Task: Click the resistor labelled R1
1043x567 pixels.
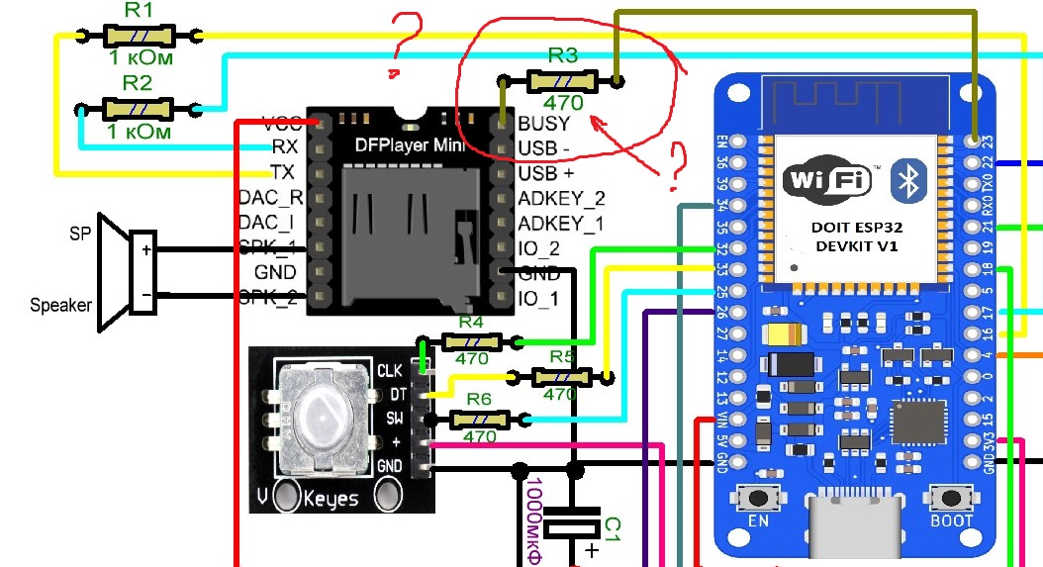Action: [139, 36]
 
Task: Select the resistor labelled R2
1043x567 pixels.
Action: [139, 108]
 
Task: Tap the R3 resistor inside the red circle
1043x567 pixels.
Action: [561, 81]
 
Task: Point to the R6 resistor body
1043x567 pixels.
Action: [480, 420]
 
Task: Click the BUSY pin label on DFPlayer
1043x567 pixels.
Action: [543, 124]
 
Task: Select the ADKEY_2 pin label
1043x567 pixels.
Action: [561, 199]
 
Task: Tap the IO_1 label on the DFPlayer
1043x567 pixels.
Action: [538, 298]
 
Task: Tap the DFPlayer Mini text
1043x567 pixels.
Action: [410, 145]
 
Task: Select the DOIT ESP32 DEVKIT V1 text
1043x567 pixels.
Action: [857, 236]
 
